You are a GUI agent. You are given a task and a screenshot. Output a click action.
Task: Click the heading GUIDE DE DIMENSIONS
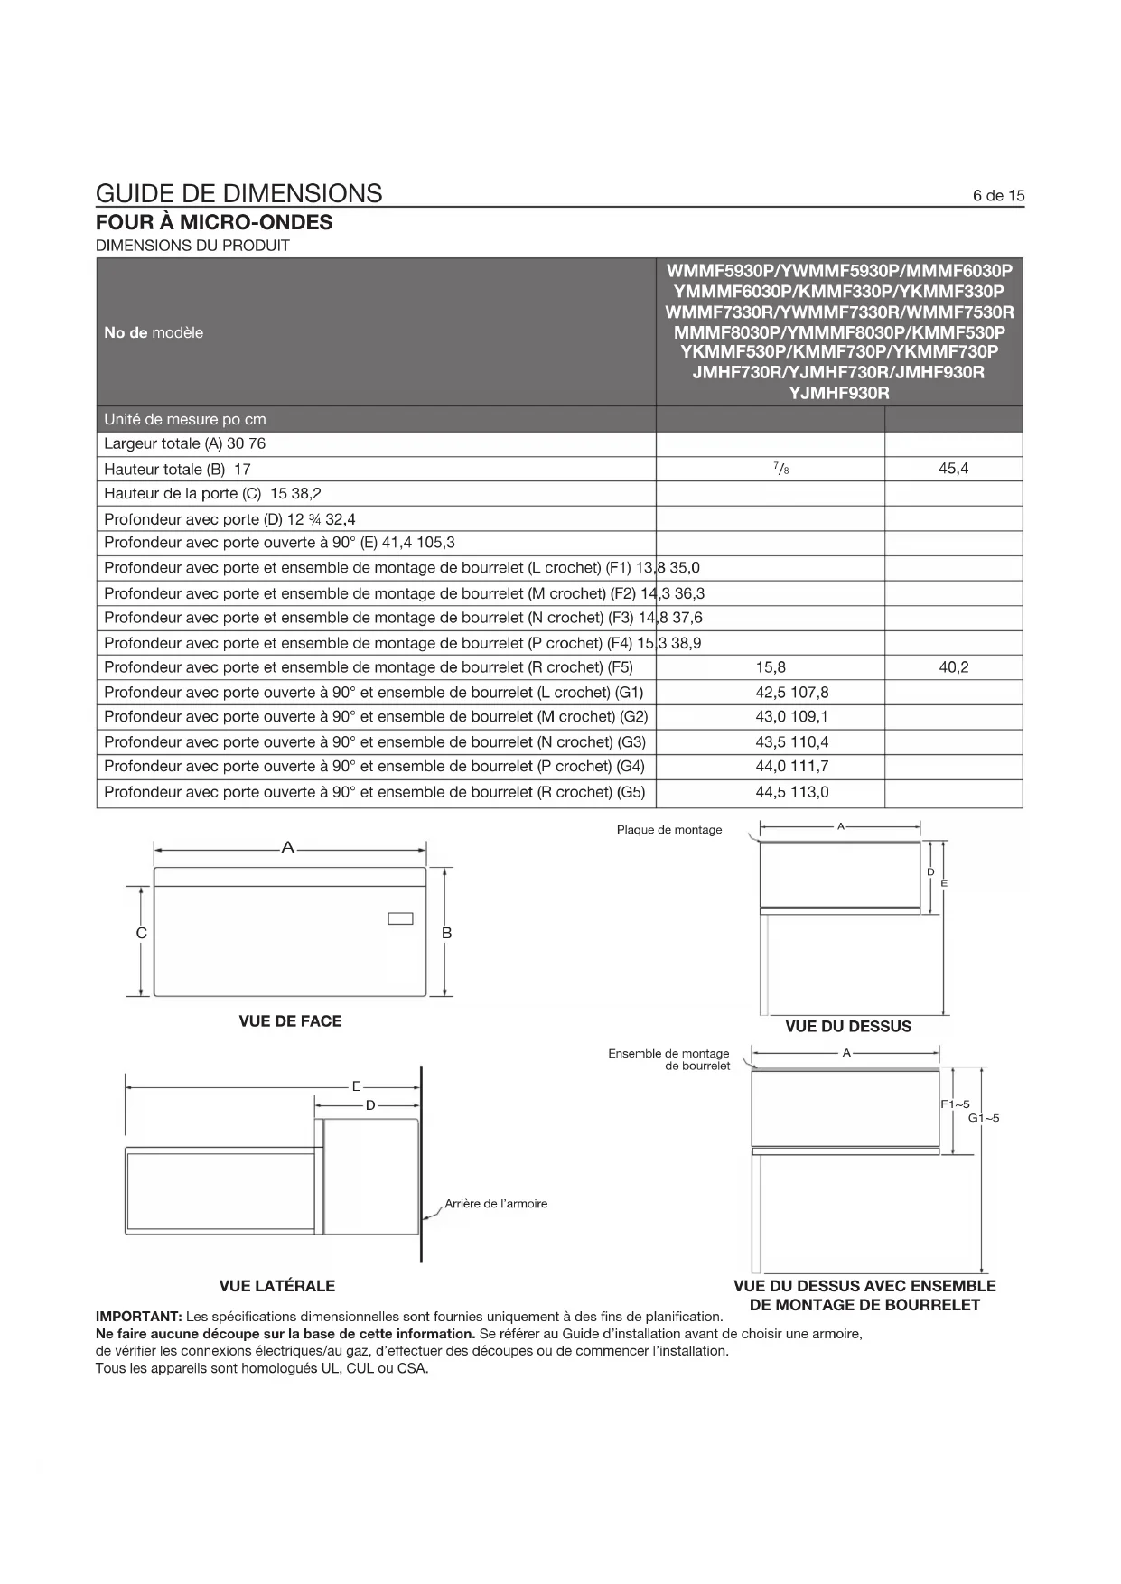[x=238, y=193]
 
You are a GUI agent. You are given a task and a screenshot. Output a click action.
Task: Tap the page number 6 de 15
[x=998, y=196]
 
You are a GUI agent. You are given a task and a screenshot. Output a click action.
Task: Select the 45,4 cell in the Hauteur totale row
[x=953, y=469]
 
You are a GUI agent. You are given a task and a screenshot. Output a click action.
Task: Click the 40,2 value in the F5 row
[x=953, y=667]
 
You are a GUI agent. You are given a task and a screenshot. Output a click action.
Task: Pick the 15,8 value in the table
[x=771, y=667]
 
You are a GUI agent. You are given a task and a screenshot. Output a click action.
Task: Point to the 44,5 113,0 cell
[x=791, y=792]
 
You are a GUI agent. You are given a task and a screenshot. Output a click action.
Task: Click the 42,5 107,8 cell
[x=791, y=693]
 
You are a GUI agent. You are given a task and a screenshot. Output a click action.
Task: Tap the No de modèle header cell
[x=154, y=332]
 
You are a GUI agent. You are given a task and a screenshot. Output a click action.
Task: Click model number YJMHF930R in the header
[x=839, y=393]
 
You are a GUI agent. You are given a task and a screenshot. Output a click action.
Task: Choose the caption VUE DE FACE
[x=290, y=1021]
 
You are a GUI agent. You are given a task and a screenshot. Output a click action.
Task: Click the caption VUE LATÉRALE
[x=276, y=1286]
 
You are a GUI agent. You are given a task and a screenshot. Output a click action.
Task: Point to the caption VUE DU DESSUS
[x=848, y=1027]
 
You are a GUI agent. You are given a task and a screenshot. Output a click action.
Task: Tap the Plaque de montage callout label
[x=669, y=830]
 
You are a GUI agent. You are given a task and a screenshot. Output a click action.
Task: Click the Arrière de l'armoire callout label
[x=496, y=1204]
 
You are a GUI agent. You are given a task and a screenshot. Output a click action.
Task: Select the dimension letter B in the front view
[x=446, y=934]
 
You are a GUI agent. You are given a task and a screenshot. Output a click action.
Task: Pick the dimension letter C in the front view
[x=142, y=934]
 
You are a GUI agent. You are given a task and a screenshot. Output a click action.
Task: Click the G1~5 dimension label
[x=984, y=1118]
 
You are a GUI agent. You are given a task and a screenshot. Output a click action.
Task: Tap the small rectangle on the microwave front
[x=400, y=918]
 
